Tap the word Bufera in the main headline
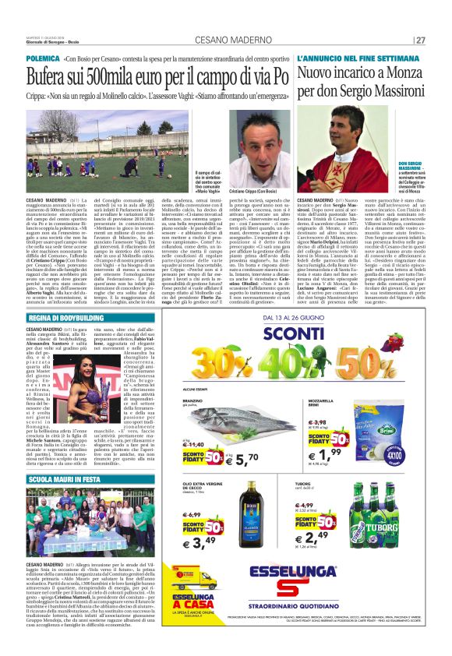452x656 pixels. click(x=53, y=77)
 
